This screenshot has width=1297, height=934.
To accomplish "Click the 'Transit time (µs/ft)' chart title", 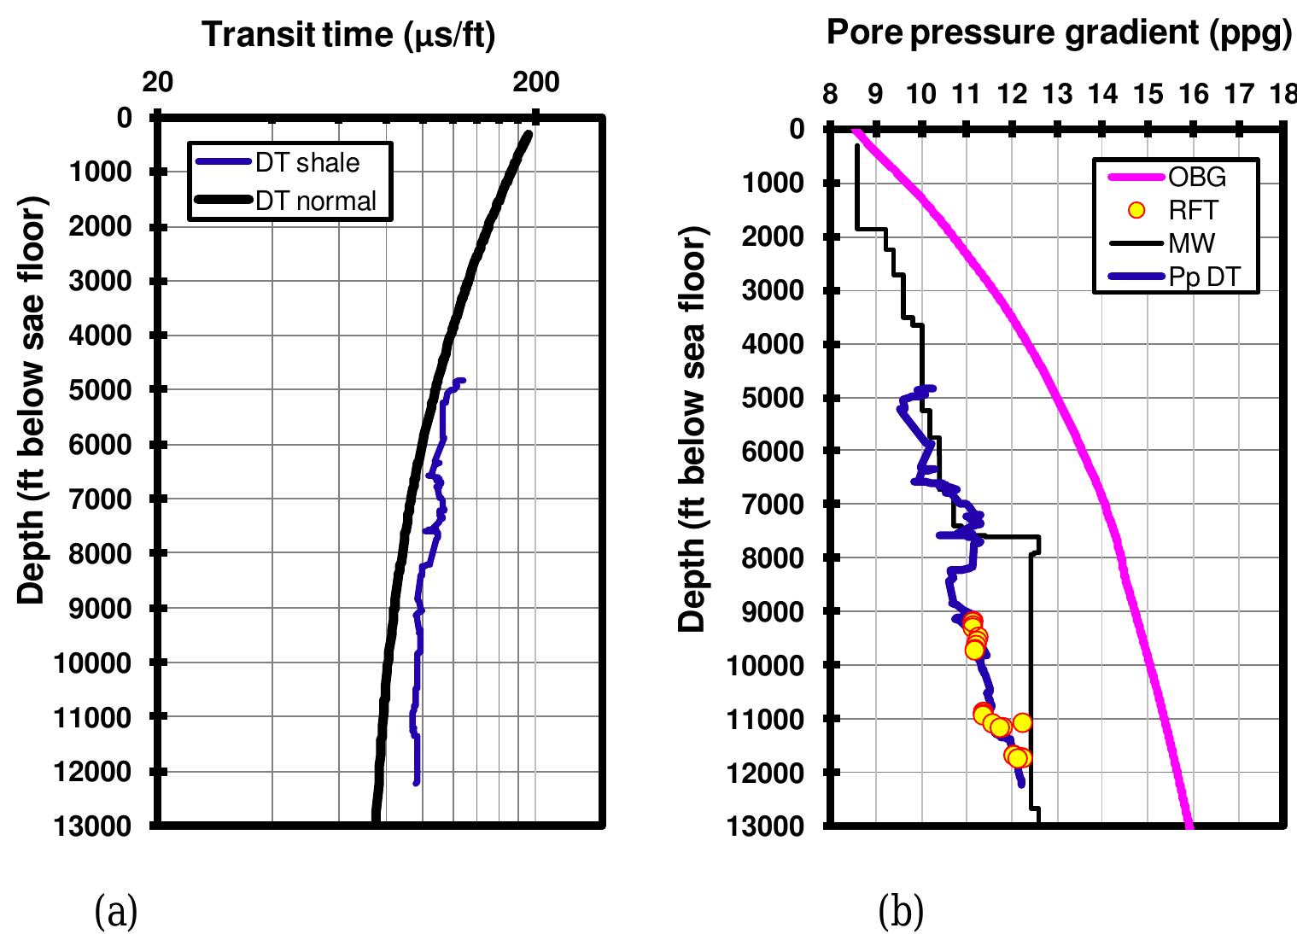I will point(348,35).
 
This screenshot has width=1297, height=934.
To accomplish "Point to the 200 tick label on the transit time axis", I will point(535,82).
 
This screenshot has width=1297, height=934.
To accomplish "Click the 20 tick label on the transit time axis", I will point(158,82).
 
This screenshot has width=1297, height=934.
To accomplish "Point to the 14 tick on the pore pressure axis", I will point(1102,94).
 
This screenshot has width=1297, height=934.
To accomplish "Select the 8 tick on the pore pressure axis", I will point(830,94).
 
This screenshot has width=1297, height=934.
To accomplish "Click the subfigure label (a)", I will point(114,913).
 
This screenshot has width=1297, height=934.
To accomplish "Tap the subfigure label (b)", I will point(901,913).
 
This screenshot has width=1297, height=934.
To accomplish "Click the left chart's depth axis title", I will point(31,400).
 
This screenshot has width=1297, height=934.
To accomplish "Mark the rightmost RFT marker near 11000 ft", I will point(1022,722).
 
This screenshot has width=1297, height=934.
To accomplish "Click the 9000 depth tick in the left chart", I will point(99,608).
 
